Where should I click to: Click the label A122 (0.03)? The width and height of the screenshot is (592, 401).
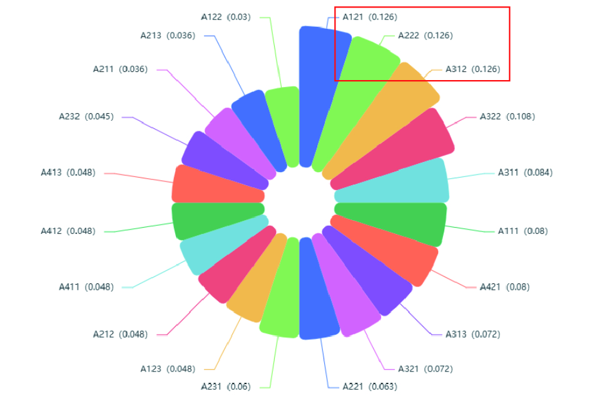click(x=225, y=17)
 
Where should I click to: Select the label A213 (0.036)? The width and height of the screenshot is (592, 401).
click(x=168, y=35)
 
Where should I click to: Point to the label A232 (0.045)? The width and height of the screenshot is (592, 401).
click(x=86, y=116)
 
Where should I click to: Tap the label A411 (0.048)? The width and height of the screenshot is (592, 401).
click(x=86, y=287)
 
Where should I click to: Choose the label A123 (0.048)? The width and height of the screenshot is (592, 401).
click(x=168, y=368)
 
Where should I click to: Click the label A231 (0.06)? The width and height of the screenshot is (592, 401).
click(x=225, y=386)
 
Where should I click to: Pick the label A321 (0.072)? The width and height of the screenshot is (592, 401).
click(x=425, y=368)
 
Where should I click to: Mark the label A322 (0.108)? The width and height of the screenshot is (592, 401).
click(x=507, y=116)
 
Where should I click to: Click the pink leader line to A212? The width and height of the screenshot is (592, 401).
click(x=188, y=316)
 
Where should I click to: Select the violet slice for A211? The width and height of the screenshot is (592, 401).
click(x=235, y=141)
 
